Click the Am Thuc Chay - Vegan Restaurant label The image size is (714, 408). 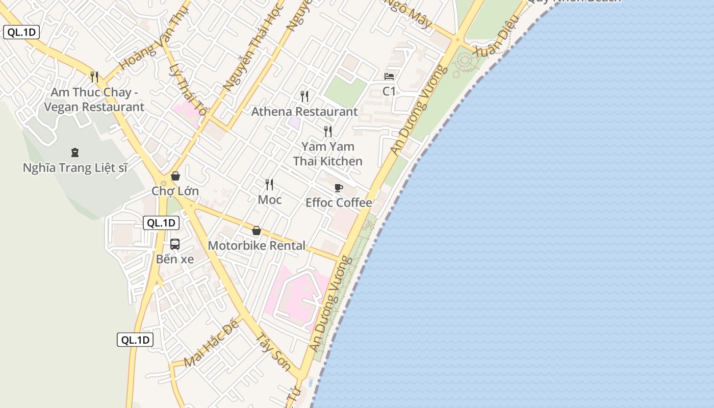pyautogui.click(x=94, y=100)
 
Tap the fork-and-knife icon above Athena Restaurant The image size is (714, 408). pyautogui.click(x=304, y=96)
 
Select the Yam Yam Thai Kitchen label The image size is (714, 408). pyautogui.click(x=327, y=154)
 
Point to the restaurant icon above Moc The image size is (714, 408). pyautogui.click(x=269, y=184)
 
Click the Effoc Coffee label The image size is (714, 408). pyautogui.click(x=339, y=202)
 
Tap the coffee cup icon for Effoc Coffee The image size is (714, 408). pyautogui.click(x=339, y=188)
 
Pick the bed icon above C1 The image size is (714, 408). pyautogui.click(x=389, y=76)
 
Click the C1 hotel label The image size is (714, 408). pyautogui.click(x=389, y=91)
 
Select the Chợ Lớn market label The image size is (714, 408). pyautogui.click(x=175, y=191)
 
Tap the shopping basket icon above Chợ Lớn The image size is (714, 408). pyautogui.click(x=175, y=176)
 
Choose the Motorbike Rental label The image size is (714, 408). pyautogui.click(x=257, y=245)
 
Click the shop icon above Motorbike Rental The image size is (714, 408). pyautogui.click(x=257, y=231)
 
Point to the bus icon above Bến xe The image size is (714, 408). pyautogui.click(x=175, y=244)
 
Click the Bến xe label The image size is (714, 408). pyautogui.click(x=175, y=259)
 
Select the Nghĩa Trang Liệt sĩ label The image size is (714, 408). pyautogui.click(x=75, y=167)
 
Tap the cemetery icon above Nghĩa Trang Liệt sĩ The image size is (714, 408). pyautogui.click(x=75, y=152)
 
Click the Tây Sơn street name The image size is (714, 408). pyautogui.click(x=273, y=352)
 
